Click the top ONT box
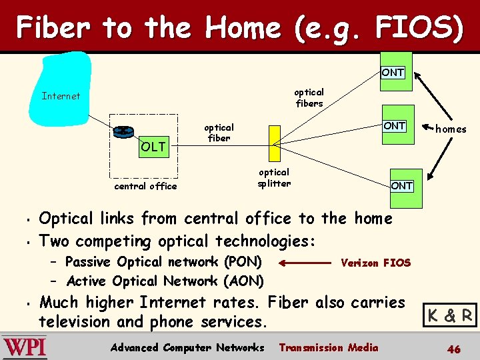click(x=393, y=71)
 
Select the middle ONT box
click(x=394, y=125)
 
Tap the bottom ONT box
click(x=401, y=185)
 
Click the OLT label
click(x=153, y=147)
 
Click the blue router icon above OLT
click(x=123, y=131)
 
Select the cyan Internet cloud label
click(x=61, y=96)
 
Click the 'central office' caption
click(x=145, y=186)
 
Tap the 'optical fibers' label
click(x=309, y=97)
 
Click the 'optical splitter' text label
click(x=274, y=177)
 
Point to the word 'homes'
click(x=451, y=129)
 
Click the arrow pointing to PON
click(x=304, y=263)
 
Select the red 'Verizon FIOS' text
click(x=375, y=263)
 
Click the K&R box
click(x=451, y=315)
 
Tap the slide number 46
click(x=453, y=349)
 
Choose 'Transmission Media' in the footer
click(x=328, y=347)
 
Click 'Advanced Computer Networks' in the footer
click(x=187, y=347)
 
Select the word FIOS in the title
click(x=418, y=27)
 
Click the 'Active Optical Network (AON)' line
click(x=165, y=281)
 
